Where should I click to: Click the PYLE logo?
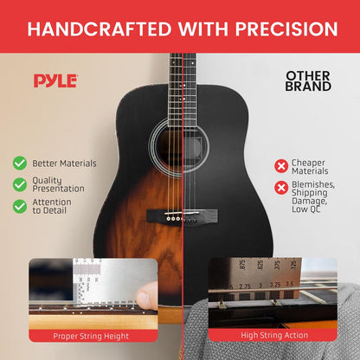pyautogui.click(x=55, y=80)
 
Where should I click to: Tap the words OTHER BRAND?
pyautogui.click(x=308, y=81)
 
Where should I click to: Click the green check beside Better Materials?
pyautogui.click(x=19, y=162)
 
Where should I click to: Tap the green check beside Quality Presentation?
pyautogui.click(x=19, y=183)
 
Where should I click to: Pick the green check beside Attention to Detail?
pyautogui.click(x=19, y=206)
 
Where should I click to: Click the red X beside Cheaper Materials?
pyautogui.click(x=280, y=165)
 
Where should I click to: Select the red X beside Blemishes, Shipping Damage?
pyautogui.click(x=280, y=188)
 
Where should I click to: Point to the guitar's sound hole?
pyautogui.click(x=180, y=141)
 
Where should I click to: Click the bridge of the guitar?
pyautogui.click(x=180, y=219)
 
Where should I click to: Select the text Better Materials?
pyautogui.click(x=64, y=163)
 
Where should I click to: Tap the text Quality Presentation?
pyautogui.click(x=59, y=183)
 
